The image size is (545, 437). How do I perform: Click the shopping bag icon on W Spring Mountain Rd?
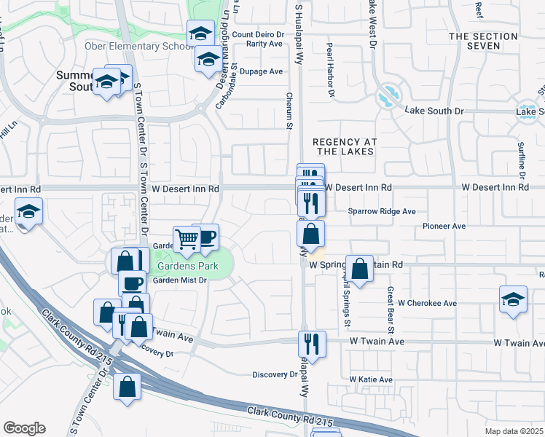point(360,268)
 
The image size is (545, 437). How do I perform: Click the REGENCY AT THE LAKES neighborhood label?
point(342,146)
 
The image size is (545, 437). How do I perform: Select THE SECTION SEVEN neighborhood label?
point(485,41)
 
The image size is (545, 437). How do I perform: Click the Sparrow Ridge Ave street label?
point(382,211)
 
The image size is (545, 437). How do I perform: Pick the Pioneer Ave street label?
point(444,227)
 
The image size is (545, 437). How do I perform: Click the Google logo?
point(24,428)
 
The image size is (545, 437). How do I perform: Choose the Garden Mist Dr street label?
point(180,280)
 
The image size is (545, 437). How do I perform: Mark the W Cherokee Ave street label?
point(427,303)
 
